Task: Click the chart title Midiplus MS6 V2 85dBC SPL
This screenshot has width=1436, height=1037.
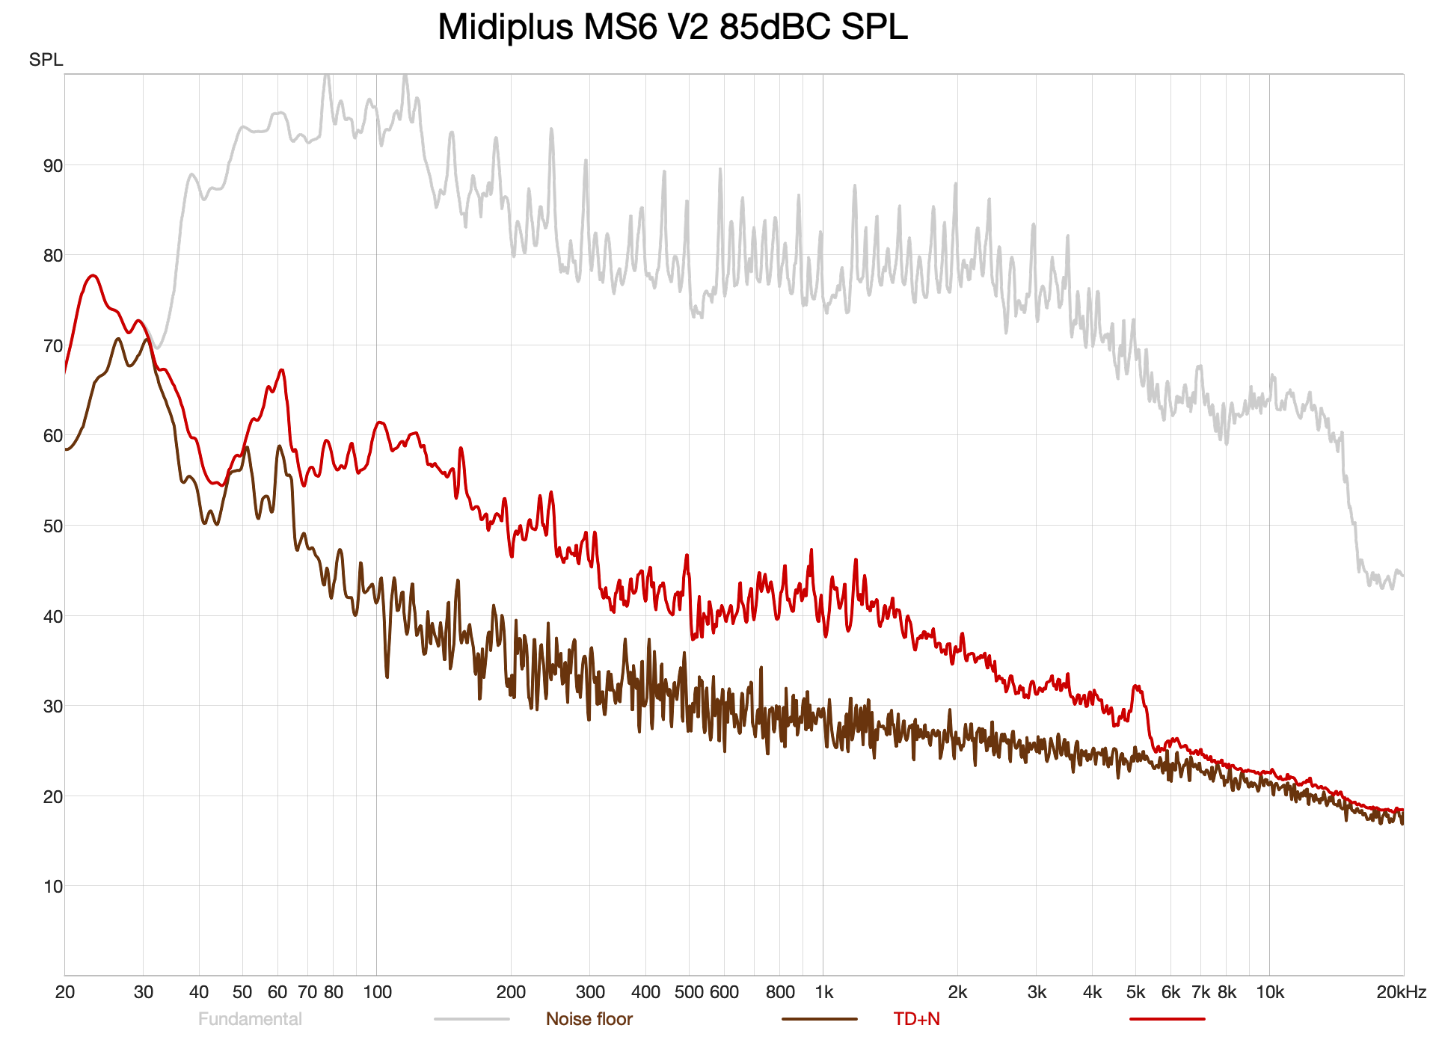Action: click(672, 27)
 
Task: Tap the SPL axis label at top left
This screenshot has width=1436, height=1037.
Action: click(46, 60)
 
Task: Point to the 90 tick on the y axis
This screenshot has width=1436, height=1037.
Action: click(53, 165)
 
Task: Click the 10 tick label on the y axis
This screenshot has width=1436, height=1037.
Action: click(53, 887)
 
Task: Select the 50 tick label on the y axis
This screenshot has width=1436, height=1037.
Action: click(53, 526)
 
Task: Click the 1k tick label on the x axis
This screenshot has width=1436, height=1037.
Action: click(823, 992)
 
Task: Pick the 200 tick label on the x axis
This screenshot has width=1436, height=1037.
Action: click(512, 992)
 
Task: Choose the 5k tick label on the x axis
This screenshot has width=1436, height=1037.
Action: click(1135, 992)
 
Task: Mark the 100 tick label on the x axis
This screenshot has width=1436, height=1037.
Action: click(377, 992)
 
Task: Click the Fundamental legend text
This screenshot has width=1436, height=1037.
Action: click(250, 1019)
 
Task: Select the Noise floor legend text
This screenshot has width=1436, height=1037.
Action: click(589, 1019)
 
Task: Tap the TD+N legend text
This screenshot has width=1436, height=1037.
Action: click(917, 1019)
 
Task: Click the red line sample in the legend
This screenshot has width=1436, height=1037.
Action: click(1167, 1018)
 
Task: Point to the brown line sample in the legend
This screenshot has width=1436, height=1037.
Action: click(820, 1018)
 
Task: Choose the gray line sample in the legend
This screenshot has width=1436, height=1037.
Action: click(472, 1018)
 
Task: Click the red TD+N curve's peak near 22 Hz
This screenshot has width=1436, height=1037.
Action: click(93, 276)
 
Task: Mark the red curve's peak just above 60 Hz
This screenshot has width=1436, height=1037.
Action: click(281, 370)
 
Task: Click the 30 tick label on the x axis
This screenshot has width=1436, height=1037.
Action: click(144, 992)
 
